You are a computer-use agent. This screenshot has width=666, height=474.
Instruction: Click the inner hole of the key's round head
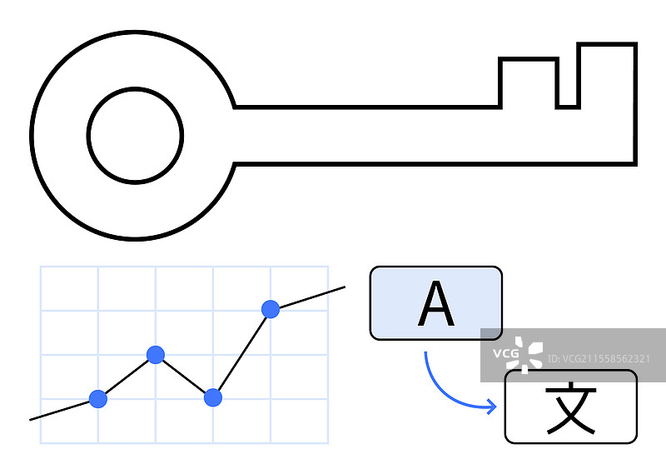[135, 136]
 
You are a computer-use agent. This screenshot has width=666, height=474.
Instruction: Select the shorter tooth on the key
[528, 83]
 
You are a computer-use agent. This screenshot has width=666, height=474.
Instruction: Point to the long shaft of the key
[375, 135]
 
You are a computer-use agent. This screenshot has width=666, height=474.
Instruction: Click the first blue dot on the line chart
[98, 398]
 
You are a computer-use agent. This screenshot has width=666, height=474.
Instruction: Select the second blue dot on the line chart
[156, 355]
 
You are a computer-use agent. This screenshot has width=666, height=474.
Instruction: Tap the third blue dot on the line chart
[213, 397]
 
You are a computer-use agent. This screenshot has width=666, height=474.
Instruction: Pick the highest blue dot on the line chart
[271, 309]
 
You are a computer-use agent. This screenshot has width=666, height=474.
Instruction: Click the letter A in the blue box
[435, 304]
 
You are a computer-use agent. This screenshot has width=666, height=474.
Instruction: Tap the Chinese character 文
[570, 409]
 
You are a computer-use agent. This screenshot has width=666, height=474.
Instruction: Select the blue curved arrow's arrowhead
[492, 407]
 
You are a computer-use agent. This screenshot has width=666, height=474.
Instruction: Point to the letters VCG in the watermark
[504, 355]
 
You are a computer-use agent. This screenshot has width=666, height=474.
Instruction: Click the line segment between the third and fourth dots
[241, 353]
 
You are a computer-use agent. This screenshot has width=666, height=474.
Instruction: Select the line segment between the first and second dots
[127, 377]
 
